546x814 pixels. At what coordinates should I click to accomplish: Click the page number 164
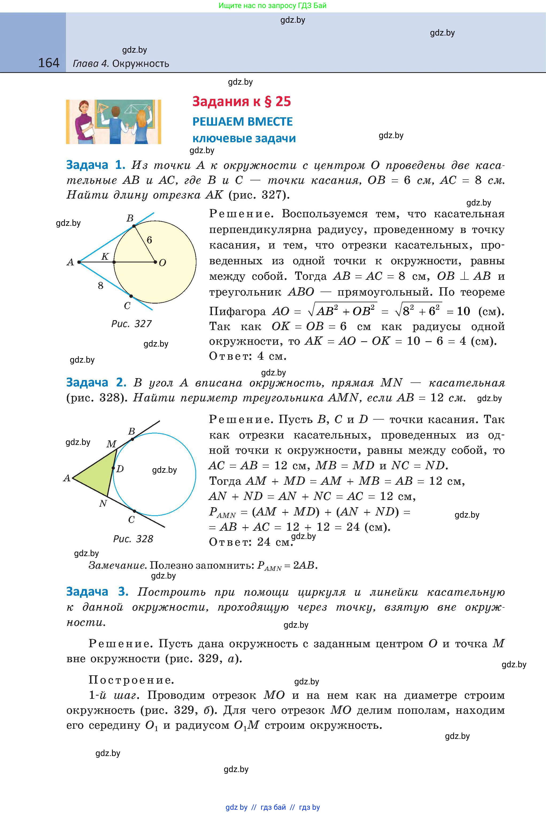pyautogui.click(x=48, y=63)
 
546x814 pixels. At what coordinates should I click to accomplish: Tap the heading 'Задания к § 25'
pyautogui.click(x=241, y=102)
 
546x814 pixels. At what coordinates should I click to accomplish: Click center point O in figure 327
pyautogui.click(x=155, y=262)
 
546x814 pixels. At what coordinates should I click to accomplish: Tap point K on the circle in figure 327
pyautogui.click(x=114, y=262)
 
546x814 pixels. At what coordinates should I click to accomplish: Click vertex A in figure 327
pyautogui.click(x=79, y=262)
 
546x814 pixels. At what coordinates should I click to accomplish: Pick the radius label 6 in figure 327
pyautogui.click(x=149, y=240)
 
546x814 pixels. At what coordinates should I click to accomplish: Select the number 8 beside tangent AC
pyautogui.click(x=101, y=286)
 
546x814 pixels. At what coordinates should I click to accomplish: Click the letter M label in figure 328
pyautogui.click(x=111, y=444)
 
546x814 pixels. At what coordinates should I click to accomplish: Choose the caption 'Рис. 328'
pyautogui.click(x=133, y=539)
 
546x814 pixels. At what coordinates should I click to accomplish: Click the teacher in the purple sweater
pyautogui.click(x=84, y=122)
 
